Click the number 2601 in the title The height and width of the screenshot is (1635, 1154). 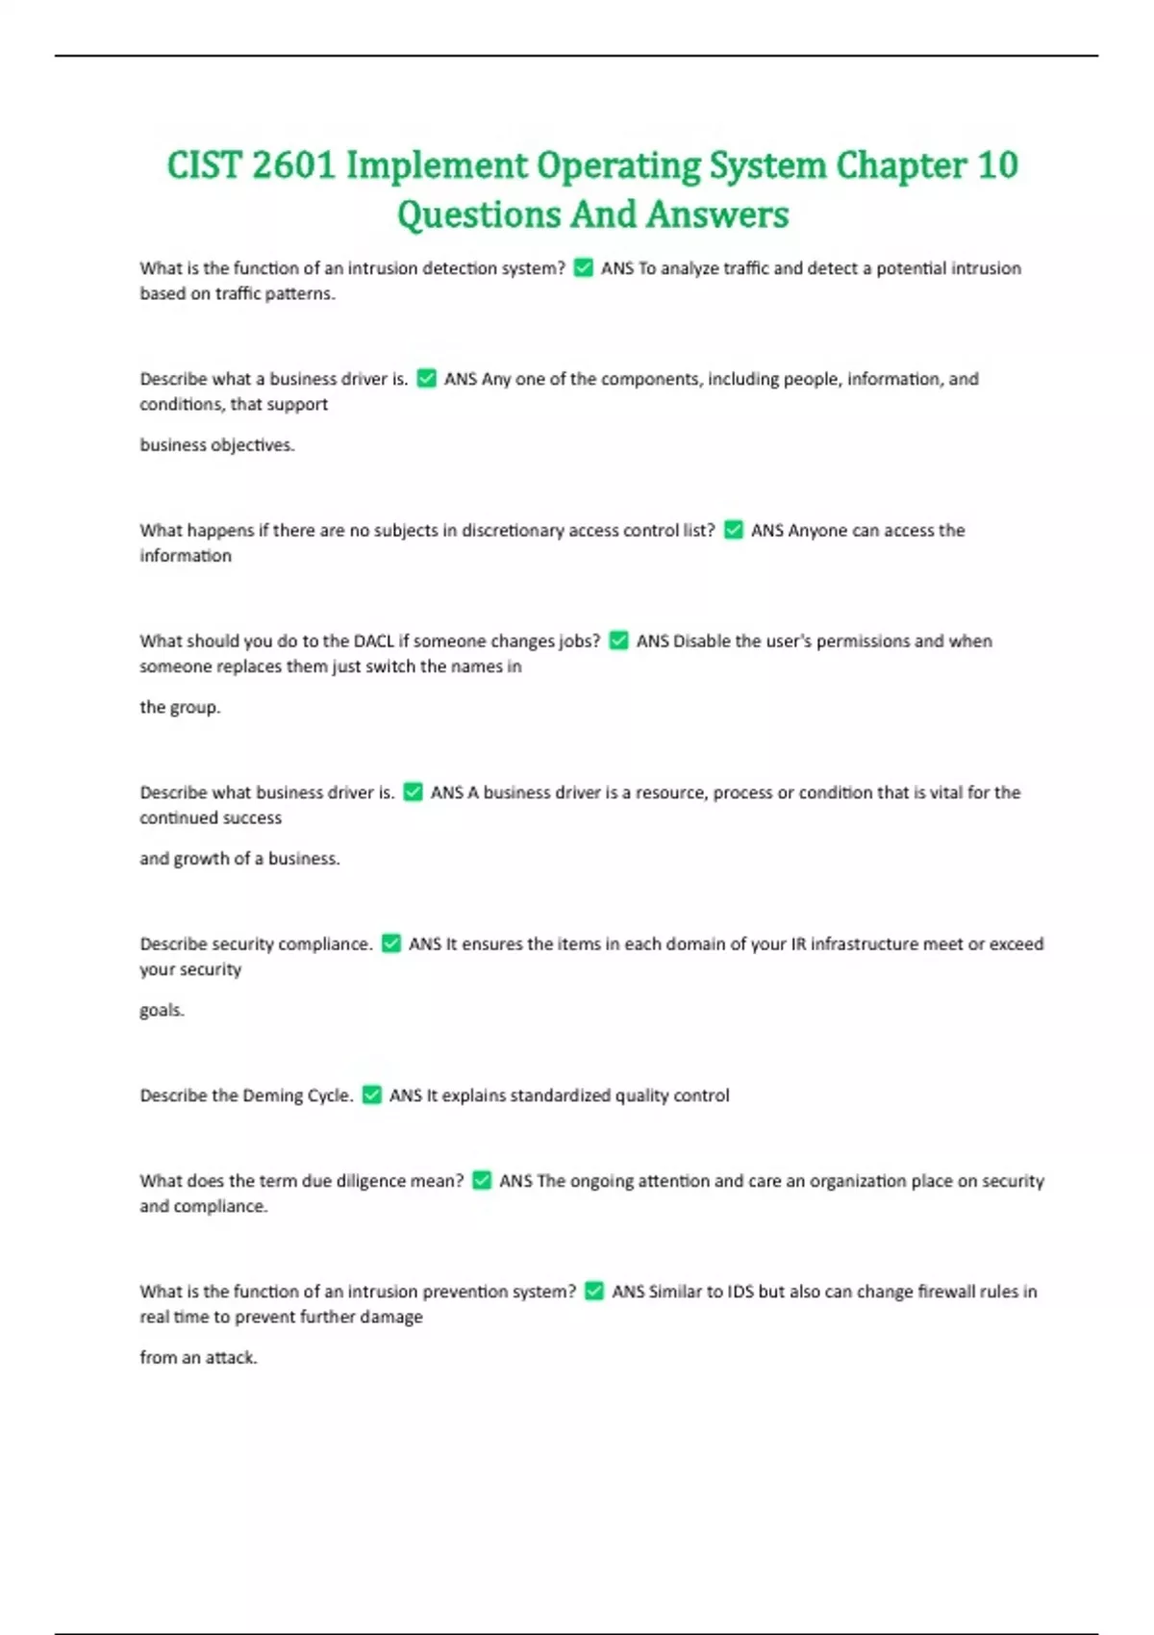pos(292,165)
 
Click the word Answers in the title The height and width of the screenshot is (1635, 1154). pos(717,214)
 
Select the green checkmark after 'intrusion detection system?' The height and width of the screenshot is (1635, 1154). pos(583,267)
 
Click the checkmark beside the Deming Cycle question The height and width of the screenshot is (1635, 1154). pos(371,1094)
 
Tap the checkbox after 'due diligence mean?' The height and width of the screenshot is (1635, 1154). pos(482,1180)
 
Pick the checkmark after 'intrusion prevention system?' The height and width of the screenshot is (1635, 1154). pos(594,1291)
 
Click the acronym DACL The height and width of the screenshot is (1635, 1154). pos(374,641)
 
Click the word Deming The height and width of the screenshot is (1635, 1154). pos(272,1095)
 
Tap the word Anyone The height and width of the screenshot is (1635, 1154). pos(815,530)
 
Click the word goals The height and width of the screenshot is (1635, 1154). pos(161,1010)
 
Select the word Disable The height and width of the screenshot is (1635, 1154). pos(701,641)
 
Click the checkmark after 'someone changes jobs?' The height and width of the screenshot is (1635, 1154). pos(618,641)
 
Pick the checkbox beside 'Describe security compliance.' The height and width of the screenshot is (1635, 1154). pos(390,943)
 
